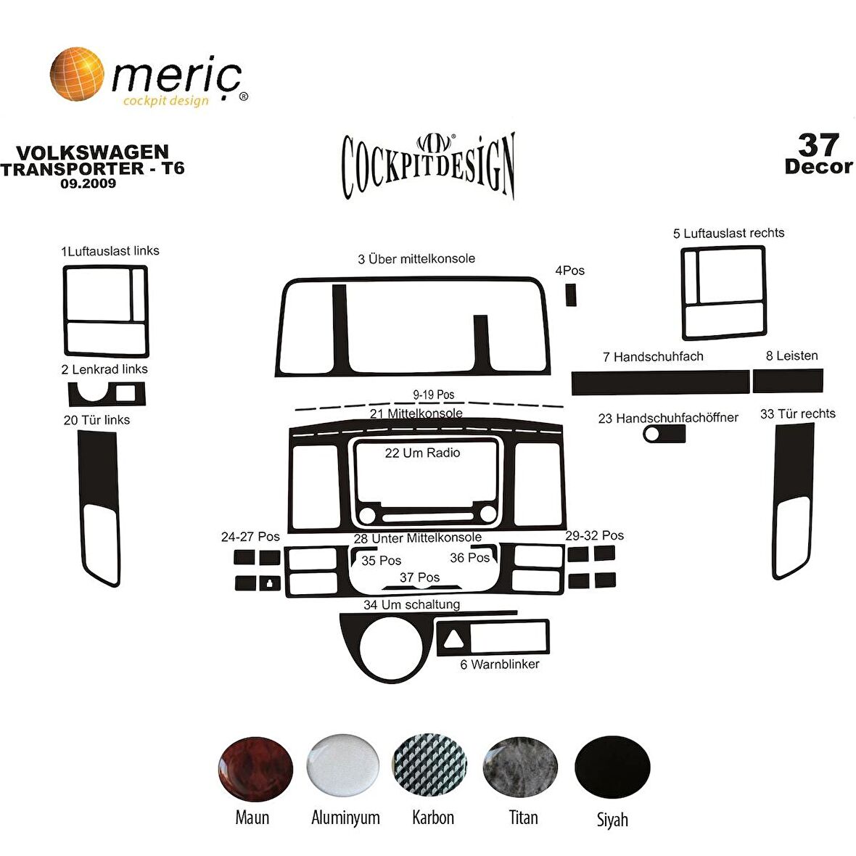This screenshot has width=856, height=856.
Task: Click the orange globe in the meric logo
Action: [x=76, y=73]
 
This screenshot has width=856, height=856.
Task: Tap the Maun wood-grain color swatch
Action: [x=255, y=770]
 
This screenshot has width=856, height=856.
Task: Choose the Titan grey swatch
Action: [x=520, y=767]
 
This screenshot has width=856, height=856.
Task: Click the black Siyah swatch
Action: [x=612, y=767]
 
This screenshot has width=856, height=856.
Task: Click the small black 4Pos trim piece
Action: [x=571, y=294]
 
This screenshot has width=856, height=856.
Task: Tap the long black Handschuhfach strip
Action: [x=660, y=382]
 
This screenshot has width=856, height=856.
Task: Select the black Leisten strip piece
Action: [x=787, y=381]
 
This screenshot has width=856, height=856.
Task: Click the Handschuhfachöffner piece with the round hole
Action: [x=664, y=434]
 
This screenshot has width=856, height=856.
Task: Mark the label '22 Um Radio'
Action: [x=422, y=453]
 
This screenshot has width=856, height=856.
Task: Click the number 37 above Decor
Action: [x=818, y=144]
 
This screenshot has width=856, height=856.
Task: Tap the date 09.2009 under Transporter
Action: [x=89, y=184]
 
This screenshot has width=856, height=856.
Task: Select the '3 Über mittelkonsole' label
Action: [x=416, y=259]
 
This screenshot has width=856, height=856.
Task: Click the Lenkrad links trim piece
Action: [x=107, y=394]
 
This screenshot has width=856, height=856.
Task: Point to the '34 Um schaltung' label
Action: [x=411, y=604]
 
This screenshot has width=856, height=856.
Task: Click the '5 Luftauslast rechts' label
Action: [x=728, y=233]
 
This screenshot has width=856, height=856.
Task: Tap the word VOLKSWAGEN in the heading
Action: [x=92, y=152]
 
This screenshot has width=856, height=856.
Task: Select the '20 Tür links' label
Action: [x=96, y=420]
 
